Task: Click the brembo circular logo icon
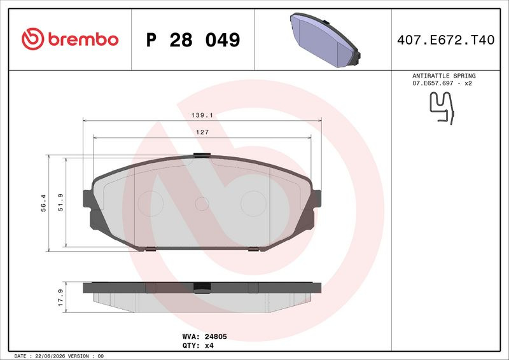(33, 39)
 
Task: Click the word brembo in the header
(83, 39)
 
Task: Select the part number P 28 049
(193, 39)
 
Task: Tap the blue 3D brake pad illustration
(325, 39)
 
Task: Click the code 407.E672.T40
(446, 39)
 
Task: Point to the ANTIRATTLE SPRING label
(443, 76)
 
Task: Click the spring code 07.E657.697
(433, 83)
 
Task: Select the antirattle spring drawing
(442, 108)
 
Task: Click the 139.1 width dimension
(202, 115)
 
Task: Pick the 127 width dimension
(202, 132)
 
